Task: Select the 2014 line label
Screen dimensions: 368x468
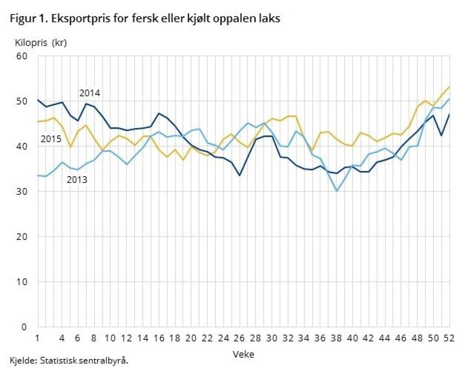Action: click(90, 93)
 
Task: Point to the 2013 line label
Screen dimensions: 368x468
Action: click(77, 180)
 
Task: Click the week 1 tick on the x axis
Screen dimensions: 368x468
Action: click(38, 337)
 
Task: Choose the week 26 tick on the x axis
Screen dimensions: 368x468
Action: click(239, 337)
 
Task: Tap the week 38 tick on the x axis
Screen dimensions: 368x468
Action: click(336, 337)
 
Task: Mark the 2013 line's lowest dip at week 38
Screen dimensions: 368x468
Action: click(336, 191)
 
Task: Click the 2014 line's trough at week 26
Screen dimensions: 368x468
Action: click(239, 175)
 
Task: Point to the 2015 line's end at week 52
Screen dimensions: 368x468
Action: click(449, 87)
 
